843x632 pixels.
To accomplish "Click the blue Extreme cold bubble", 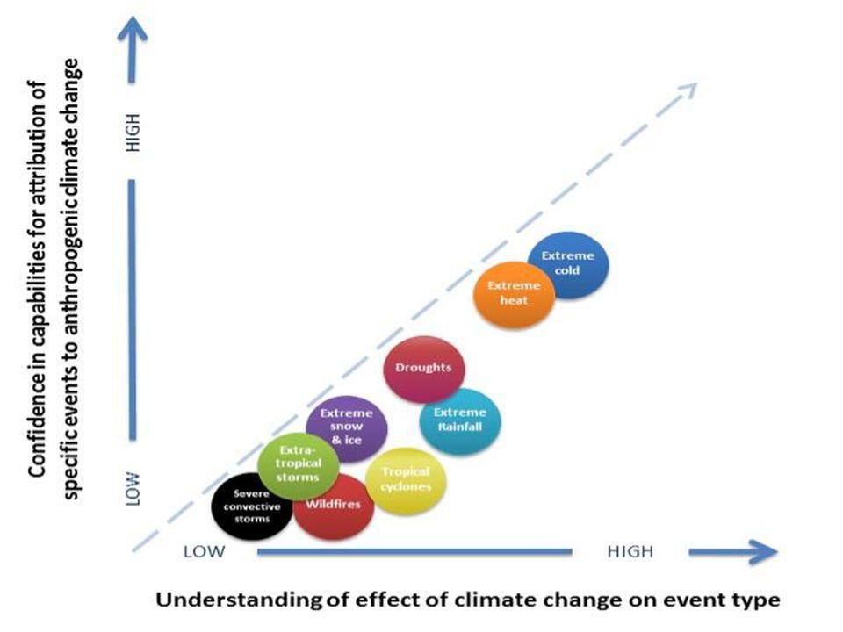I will coord(568,264).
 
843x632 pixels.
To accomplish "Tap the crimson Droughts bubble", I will coord(424,368).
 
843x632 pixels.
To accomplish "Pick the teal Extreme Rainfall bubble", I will coord(460,420).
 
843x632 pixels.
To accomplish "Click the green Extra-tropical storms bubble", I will coord(299,465).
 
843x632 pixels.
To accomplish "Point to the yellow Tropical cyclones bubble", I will coord(405,479).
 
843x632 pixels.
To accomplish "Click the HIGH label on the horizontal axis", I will coord(630,551).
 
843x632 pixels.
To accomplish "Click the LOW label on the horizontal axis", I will coord(205,551).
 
